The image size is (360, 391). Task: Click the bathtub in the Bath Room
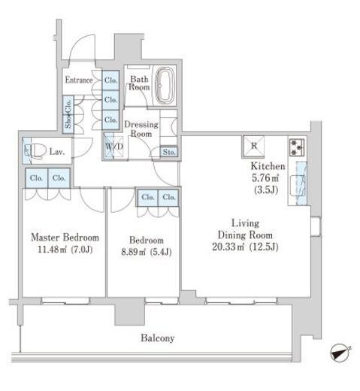point(165,85)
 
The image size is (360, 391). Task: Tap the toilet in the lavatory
point(37,151)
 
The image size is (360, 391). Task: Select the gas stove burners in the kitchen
point(297,147)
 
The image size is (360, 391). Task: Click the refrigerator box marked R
point(253,147)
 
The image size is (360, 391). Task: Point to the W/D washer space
point(114,146)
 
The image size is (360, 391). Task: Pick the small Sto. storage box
point(169,152)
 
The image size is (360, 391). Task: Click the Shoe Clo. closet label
point(68,114)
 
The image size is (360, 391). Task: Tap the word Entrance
point(79,80)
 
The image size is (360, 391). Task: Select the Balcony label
point(158,338)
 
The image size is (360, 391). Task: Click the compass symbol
point(340,353)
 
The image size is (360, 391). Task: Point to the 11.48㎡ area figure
point(52,250)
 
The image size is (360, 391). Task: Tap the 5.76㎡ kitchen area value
point(265,178)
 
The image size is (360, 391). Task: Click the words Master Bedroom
point(65,238)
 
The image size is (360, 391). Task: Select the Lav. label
point(57,152)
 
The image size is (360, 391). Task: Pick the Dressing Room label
point(141,129)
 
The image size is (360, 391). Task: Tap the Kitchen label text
point(268,166)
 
